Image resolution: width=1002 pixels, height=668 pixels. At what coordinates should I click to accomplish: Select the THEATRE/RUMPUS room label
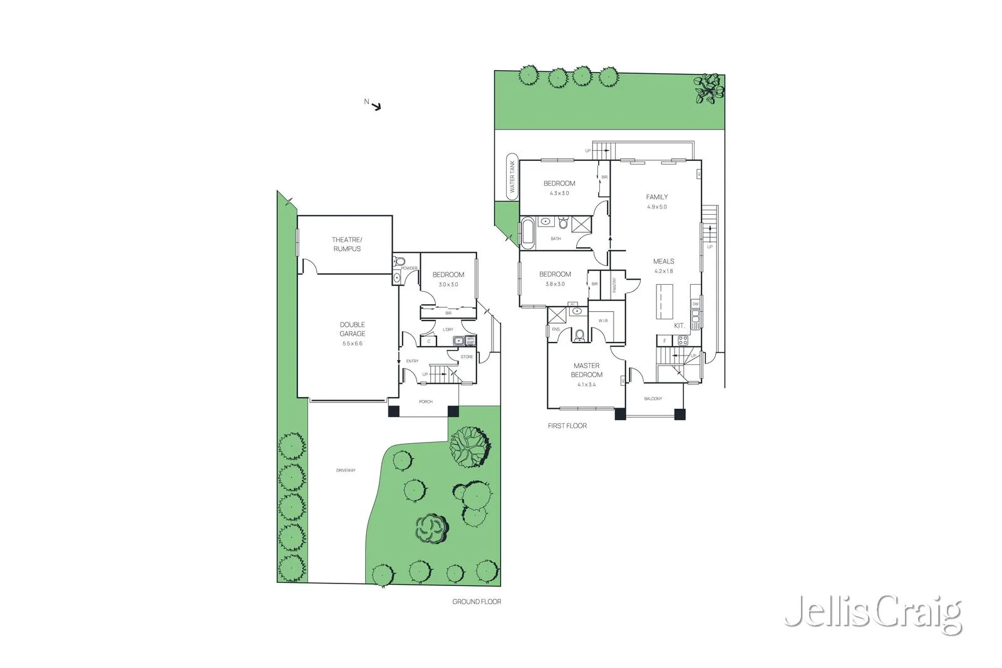click(x=347, y=244)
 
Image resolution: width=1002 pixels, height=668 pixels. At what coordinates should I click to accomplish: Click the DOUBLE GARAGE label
click(x=353, y=329)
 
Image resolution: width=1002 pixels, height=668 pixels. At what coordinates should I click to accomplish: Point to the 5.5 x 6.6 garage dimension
click(x=353, y=344)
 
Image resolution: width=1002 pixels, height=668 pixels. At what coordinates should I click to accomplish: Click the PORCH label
click(x=426, y=402)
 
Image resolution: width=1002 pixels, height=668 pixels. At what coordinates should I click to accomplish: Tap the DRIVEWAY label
click(x=346, y=470)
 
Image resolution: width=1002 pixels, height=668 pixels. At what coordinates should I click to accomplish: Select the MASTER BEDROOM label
click(x=586, y=370)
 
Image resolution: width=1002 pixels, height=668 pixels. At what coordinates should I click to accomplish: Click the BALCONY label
click(x=653, y=399)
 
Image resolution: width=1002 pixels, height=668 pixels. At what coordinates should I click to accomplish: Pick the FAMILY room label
click(x=657, y=197)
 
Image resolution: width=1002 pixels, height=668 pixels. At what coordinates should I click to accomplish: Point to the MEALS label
click(x=664, y=262)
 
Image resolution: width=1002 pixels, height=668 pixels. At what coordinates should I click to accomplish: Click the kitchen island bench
click(x=664, y=302)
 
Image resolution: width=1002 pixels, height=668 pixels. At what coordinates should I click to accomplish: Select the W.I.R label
click(x=603, y=321)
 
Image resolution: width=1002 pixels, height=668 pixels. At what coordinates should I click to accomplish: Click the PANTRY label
click(x=614, y=285)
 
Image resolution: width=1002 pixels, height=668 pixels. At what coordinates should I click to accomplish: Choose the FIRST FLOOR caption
click(x=567, y=426)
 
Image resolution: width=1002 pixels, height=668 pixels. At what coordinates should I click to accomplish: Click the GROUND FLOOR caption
click(x=477, y=602)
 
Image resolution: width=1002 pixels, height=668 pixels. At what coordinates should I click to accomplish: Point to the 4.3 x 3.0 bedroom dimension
click(x=559, y=193)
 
